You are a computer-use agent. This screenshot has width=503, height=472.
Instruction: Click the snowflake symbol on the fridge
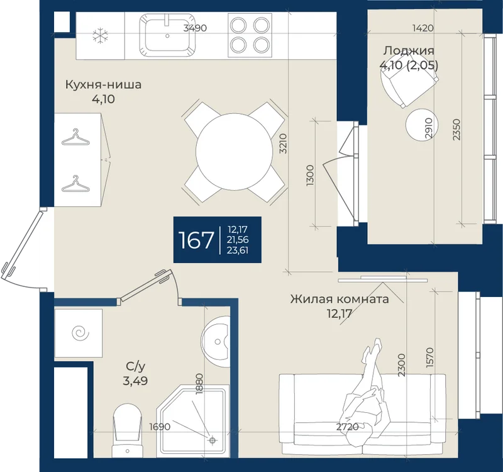coord(101,36)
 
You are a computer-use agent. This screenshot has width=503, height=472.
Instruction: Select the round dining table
coord(233,152)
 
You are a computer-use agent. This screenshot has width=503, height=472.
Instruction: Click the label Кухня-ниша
coord(103,85)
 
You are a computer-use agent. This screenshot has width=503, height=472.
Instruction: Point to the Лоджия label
coord(409,50)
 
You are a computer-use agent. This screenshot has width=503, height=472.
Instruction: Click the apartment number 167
coord(196,240)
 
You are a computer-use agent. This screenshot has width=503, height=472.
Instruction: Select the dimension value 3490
coord(195,28)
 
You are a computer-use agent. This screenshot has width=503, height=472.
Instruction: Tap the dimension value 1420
coord(423,28)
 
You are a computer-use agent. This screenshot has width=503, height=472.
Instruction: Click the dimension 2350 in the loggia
coord(457,130)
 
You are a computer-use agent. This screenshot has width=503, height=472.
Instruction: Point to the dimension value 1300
coord(310,176)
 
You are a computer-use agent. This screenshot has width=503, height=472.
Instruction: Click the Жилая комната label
coord(340,299)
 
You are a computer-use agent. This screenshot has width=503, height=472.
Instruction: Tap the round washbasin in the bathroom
coord(216,341)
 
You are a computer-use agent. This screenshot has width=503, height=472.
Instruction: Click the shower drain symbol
coord(212,440)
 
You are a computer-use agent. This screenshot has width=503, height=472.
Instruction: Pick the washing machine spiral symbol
coord(80,334)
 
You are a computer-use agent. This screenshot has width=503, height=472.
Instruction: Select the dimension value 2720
coord(348,427)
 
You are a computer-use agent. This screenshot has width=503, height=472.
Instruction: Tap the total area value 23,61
coord(238,250)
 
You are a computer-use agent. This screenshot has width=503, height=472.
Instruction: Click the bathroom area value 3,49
coord(135,381)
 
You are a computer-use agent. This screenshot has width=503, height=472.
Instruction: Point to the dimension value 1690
coord(160,427)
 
